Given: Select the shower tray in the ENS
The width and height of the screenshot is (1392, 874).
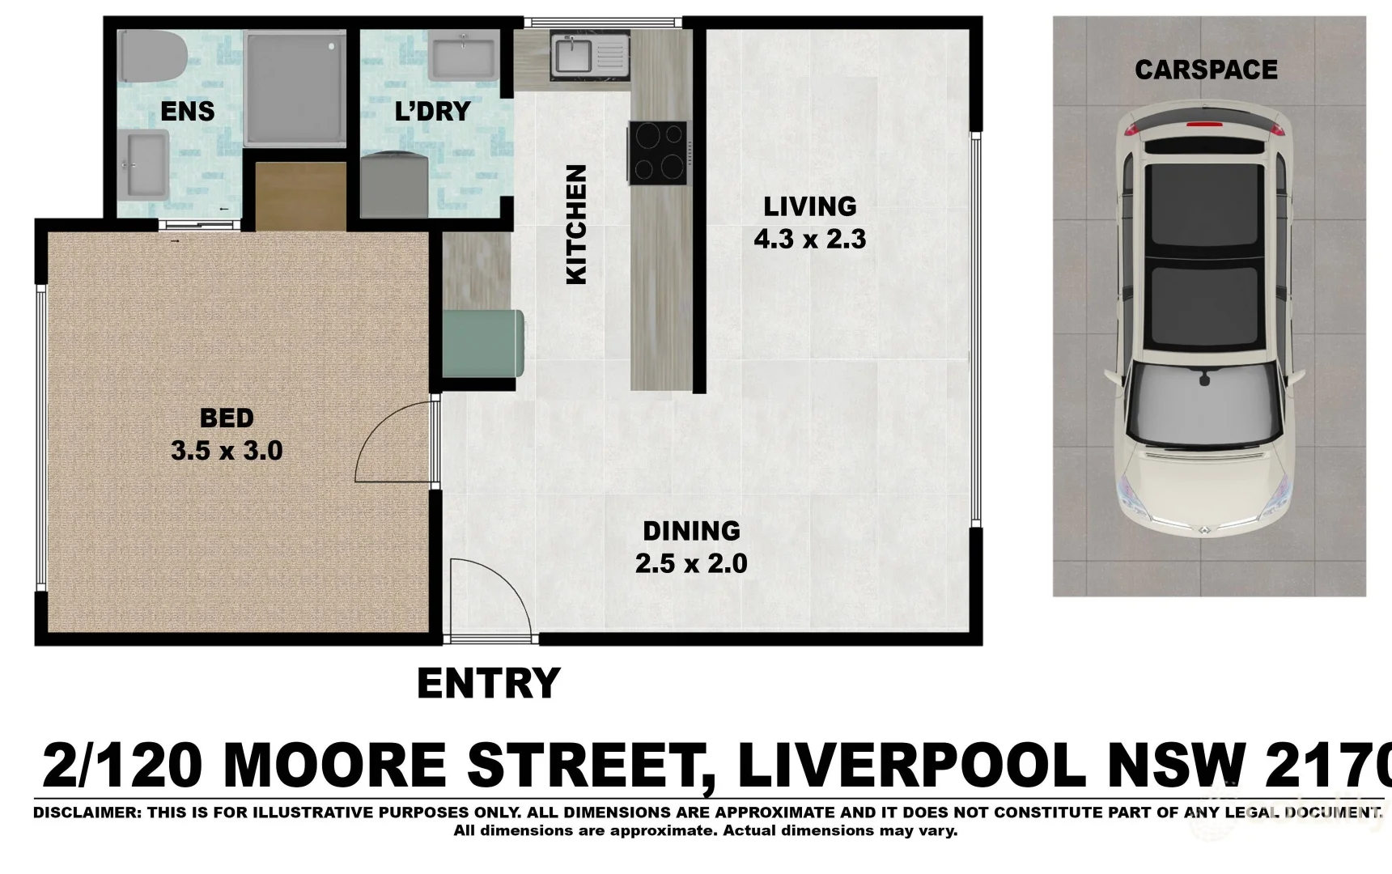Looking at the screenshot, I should (x=295, y=89).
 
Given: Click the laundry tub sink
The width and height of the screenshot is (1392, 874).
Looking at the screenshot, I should (x=462, y=56).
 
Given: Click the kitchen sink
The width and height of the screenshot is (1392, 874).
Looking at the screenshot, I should (x=575, y=55).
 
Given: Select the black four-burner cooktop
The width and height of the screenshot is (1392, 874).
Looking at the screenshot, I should (x=658, y=153).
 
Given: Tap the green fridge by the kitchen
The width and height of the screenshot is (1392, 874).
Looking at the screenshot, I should (x=481, y=344).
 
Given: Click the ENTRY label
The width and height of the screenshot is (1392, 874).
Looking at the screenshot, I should (x=489, y=684).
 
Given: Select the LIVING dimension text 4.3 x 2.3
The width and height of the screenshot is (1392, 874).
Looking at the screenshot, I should (x=809, y=240).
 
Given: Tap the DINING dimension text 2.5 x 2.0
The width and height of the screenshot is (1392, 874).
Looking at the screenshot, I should (x=691, y=563).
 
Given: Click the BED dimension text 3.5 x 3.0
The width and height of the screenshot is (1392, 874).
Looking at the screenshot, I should (x=227, y=451).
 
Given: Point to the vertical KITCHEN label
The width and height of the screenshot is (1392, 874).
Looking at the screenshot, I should (x=575, y=225).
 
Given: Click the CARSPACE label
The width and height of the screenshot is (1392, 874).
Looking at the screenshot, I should (x=1206, y=70).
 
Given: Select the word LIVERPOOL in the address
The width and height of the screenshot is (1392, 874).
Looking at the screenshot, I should (x=911, y=766).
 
